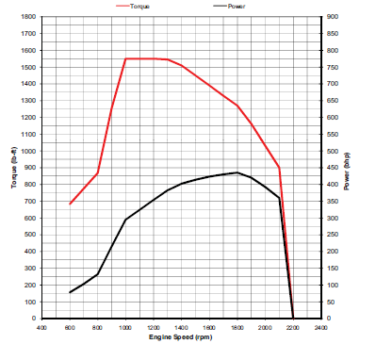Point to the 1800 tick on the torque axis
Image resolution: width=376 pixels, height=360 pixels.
(31, 17)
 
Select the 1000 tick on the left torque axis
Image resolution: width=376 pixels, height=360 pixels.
(31, 151)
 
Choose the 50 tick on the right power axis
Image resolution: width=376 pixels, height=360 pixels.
(331, 302)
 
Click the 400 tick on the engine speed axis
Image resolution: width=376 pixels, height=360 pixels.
(41, 327)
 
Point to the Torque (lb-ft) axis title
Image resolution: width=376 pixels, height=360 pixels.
(13, 168)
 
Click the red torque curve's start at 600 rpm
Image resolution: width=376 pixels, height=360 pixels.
(70, 204)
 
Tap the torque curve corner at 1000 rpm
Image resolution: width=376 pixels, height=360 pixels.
(125, 58)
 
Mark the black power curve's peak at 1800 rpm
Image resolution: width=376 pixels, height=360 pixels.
(237, 172)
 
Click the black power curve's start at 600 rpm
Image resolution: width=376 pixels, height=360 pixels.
(70, 292)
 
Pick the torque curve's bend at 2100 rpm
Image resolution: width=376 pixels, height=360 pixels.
(279, 167)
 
